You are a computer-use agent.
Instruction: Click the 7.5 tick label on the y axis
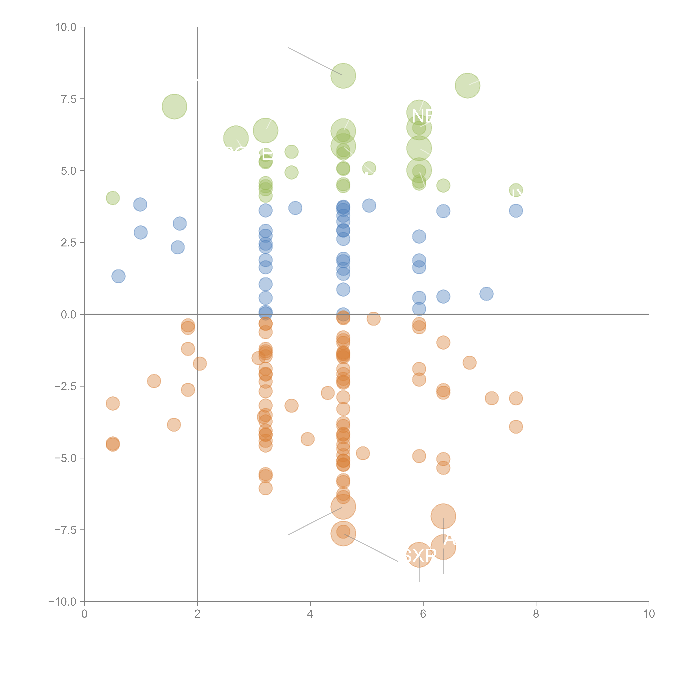(x=69, y=99)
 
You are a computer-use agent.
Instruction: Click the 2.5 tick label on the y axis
(x=69, y=243)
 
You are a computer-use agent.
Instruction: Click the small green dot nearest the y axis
(x=113, y=198)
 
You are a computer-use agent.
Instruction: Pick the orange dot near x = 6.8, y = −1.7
(x=470, y=362)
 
